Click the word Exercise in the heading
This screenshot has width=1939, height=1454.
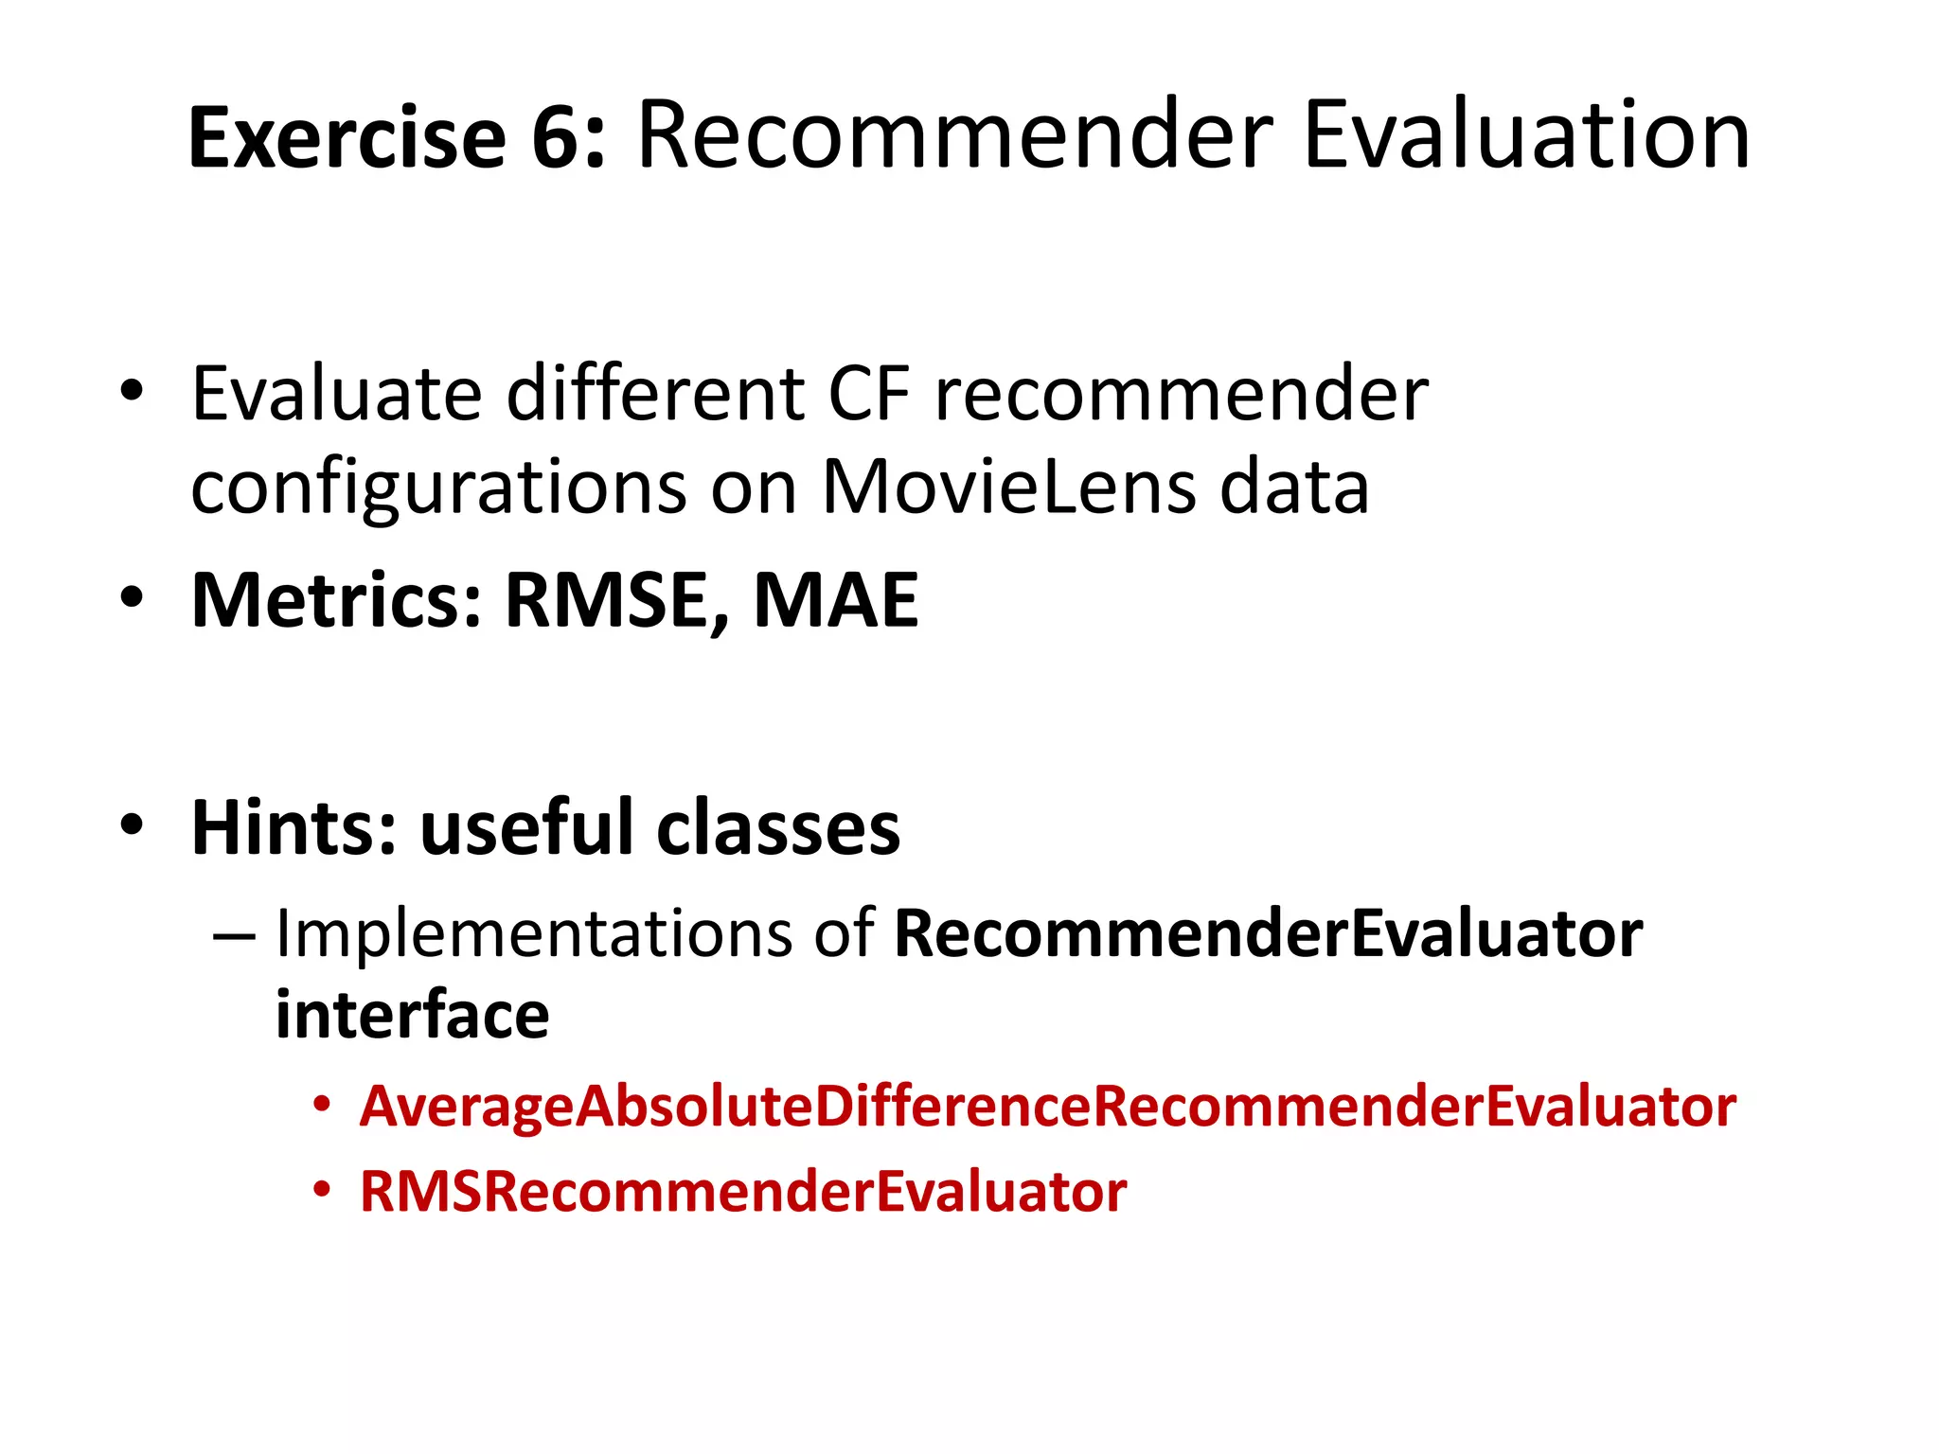[x=347, y=138]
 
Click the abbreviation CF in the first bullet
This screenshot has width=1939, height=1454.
[x=869, y=394]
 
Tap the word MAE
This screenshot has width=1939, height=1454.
[x=835, y=600]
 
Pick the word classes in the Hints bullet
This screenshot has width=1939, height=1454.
[x=778, y=827]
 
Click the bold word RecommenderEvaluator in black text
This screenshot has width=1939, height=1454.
[x=1268, y=934]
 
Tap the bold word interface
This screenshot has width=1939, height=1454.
[x=412, y=1015]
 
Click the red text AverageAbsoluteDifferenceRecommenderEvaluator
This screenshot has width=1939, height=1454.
[x=1047, y=1106]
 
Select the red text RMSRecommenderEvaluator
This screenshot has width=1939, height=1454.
[x=743, y=1191]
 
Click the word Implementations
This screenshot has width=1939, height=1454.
[x=533, y=934]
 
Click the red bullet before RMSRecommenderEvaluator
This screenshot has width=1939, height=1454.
[x=323, y=1189]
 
